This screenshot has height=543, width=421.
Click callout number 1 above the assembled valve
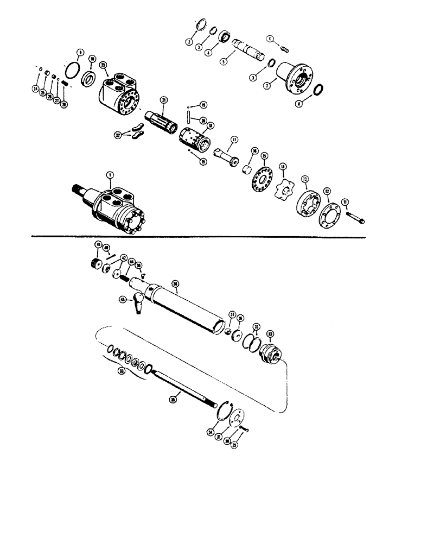[110, 175]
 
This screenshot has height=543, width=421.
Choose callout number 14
[282, 166]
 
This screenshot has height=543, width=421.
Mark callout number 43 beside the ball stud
[123, 299]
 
